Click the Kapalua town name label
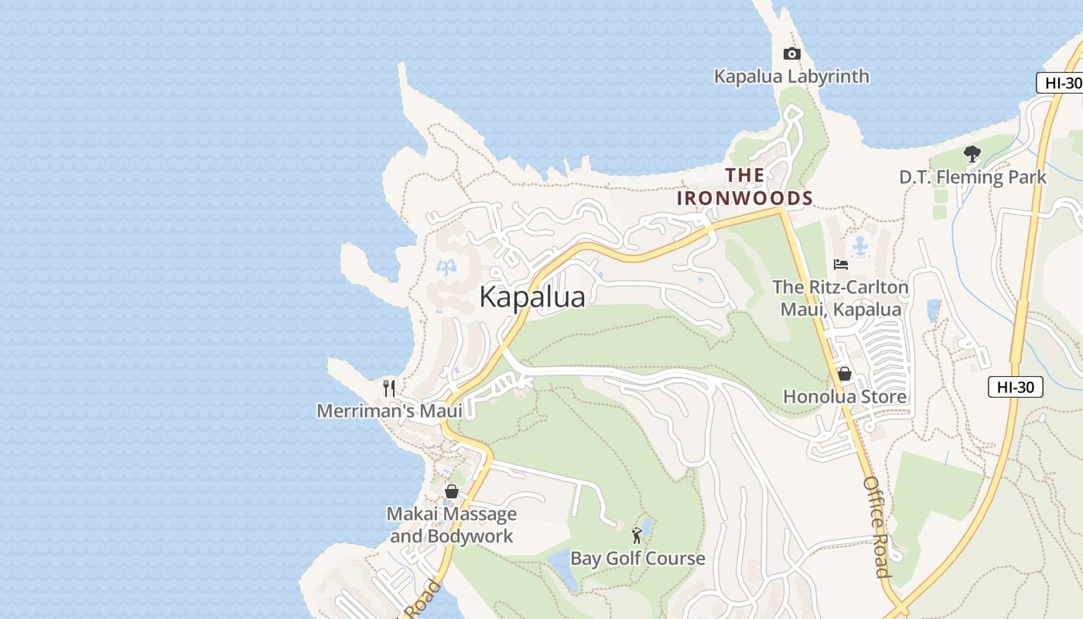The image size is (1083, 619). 532,297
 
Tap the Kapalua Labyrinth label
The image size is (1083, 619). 791,77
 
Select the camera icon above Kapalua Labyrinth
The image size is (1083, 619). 791,53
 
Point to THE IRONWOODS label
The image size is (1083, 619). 745,186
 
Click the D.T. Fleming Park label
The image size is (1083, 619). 972,177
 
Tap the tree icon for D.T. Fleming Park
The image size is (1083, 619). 972,154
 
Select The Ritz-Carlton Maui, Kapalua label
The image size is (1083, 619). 840,299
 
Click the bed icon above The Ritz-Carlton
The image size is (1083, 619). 841,265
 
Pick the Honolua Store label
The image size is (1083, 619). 845,397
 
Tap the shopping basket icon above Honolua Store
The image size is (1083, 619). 844,374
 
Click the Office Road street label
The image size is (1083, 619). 876,527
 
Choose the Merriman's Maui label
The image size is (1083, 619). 389,411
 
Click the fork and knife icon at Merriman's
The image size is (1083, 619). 389,388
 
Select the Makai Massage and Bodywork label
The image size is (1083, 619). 452,525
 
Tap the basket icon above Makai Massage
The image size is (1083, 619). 452,491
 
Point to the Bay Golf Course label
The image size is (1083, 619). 637,559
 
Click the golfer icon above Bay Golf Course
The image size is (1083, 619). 637,535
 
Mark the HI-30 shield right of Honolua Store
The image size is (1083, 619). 1015,387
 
